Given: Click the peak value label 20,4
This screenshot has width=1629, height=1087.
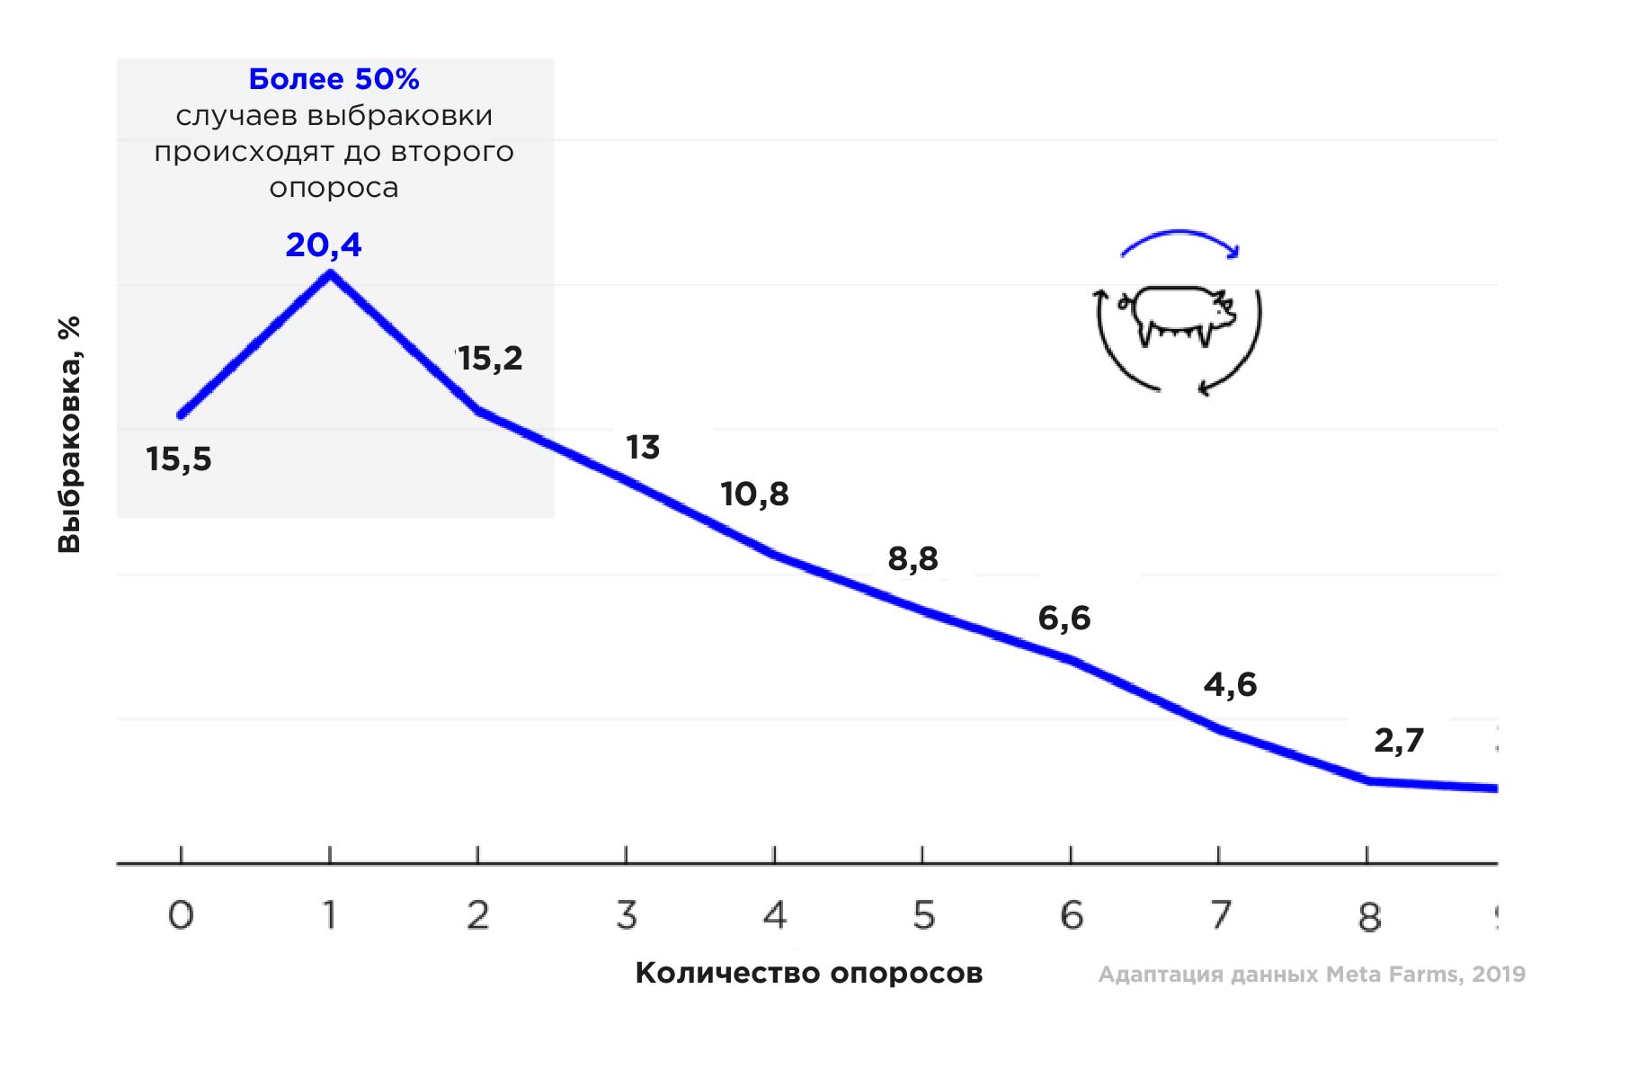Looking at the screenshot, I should pos(324,245).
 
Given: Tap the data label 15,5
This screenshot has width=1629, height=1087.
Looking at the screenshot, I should pos(179,459).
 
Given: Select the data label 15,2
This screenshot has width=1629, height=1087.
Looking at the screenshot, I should pos(490,359).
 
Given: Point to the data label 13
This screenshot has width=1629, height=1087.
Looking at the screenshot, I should pos(643,447).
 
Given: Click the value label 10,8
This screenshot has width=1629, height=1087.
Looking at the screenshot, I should pos(754,494).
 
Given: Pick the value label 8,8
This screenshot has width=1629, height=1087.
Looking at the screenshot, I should pos(912,558).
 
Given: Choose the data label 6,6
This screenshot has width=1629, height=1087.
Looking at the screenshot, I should pos(1064,618).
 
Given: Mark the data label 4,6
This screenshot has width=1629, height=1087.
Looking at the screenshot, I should pos(1230,684).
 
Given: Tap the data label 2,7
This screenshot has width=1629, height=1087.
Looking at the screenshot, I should pos(1399,740).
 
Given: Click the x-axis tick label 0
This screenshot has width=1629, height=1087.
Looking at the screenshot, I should pos(181,915).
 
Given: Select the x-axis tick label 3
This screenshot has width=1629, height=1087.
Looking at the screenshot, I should pos(627,915).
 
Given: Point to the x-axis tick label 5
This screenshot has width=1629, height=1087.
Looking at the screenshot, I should pos(923,915).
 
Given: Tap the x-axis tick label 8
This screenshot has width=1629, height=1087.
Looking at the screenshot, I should pos(1368,917).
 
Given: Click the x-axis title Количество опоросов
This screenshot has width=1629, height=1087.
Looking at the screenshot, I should pos(808,973).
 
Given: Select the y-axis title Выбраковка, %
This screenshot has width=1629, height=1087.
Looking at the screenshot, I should pos(69,434).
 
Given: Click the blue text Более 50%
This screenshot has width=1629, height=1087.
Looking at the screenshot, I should pos(334,79).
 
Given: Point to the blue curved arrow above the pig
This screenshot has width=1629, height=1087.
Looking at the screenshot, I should pos(1179,241).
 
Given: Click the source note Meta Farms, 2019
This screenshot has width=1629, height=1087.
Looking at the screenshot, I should pos(1312,974).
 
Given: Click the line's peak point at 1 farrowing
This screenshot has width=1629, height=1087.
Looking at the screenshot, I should pos(330,273).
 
